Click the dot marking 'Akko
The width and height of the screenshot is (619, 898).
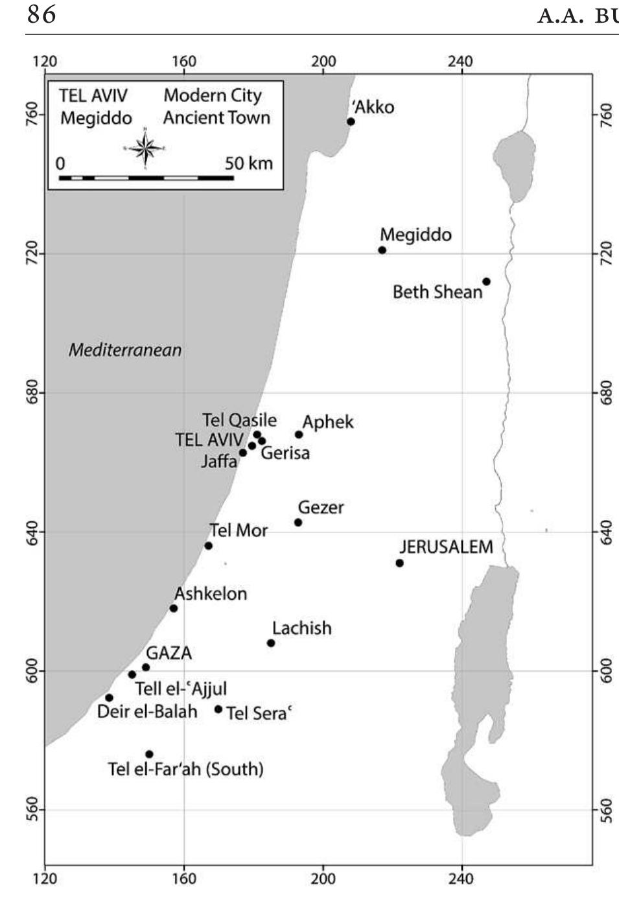pos(351,121)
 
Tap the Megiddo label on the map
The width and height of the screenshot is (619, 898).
pos(415,234)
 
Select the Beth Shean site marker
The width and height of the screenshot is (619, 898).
pos(486,281)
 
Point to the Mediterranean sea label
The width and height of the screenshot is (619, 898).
pos(125,350)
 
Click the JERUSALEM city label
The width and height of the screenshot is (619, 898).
pos(446,547)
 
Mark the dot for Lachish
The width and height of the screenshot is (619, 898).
pos(271,643)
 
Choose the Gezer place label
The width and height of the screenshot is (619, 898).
pos(321,507)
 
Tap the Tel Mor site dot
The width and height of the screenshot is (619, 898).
pos(209,546)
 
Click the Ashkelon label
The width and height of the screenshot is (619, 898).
pos(211,593)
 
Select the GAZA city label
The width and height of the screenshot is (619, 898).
pos(169,653)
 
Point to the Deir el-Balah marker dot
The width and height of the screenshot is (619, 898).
pos(109,698)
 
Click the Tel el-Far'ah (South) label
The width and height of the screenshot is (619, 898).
pos(185,770)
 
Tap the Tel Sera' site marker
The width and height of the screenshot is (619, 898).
pos(218,709)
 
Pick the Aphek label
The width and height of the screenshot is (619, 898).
pos(328,422)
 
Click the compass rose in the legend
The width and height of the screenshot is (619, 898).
pos(146,148)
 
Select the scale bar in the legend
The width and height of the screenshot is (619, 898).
pos(146,177)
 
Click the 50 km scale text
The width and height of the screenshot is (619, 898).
pos(249,163)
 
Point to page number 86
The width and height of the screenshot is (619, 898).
pos(41,14)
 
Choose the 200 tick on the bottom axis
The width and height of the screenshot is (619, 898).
pos(323,879)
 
